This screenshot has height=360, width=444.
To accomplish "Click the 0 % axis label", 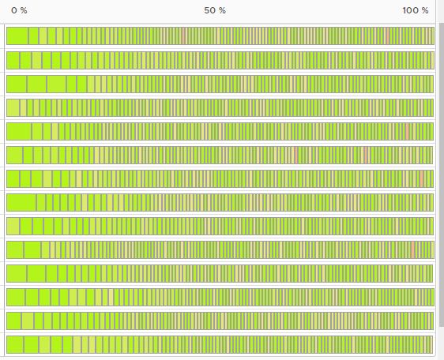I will tap(19, 10).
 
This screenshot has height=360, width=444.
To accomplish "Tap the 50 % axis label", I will tap(215, 10).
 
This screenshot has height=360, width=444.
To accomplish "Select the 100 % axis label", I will tap(415, 10).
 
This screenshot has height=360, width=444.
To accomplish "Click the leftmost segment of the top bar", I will tap(17, 36).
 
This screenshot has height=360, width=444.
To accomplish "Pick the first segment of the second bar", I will tap(13, 60).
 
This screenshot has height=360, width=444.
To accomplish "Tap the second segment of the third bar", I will tap(36, 84).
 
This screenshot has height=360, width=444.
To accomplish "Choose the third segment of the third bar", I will tap(56, 84).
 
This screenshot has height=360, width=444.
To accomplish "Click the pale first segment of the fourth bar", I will tap(13, 107).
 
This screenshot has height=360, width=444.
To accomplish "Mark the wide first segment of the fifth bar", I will tap(19, 131).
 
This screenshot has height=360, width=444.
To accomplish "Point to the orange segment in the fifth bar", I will tap(407, 131).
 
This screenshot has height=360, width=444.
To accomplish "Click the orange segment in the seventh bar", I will tap(422, 178).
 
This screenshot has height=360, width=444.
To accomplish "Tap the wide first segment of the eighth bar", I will tap(21, 202).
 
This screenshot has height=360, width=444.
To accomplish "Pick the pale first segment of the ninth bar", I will tap(13, 226).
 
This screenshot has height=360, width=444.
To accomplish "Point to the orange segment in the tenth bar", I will tap(412, 249).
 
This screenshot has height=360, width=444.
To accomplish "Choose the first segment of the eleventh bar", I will tap(17, 273).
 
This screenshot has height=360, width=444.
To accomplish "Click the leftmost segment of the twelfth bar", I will tap(16, 297).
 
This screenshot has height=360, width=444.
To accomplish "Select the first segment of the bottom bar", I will tap(15, 344).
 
